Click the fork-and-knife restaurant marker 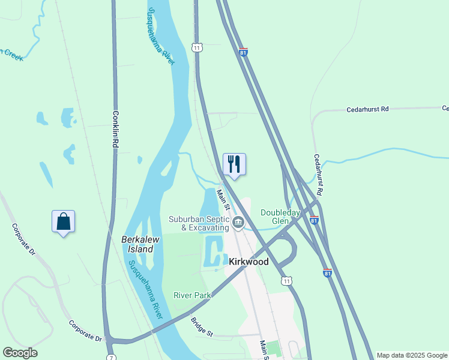click(234, 164)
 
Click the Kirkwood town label click(249, 262)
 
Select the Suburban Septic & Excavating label click(199, 223)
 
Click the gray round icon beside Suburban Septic click(238, 223)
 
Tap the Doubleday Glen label click(279, 217)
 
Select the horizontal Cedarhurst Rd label click(368, 109)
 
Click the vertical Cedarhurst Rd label click(319, 174)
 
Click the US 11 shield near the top click(196, 47)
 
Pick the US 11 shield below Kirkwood click(287, 280)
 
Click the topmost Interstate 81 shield click(243, 52)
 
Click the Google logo click(20, 353)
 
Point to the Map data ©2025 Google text click(412, 355)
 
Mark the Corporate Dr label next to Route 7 click(85, 331)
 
